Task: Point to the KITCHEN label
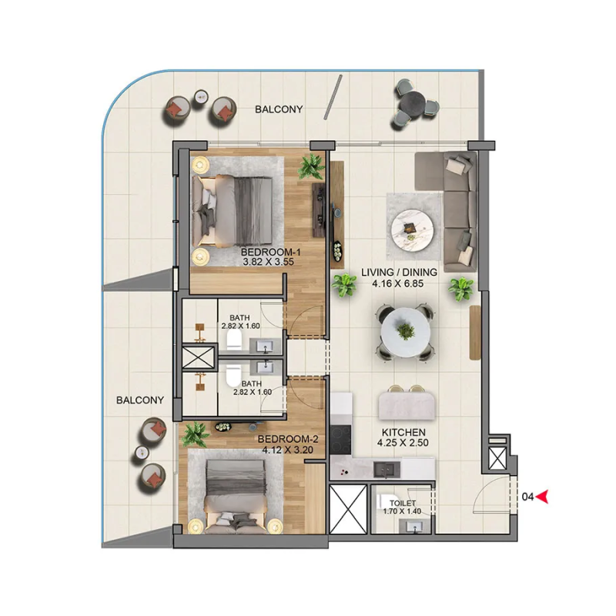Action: click(398, 433)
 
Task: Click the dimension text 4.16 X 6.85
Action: click(399, 283)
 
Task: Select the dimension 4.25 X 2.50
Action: click(399, 444)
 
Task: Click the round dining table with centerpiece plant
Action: click(405, 331)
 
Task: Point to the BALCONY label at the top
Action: click(279, 110)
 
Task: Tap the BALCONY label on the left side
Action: click(140, 400)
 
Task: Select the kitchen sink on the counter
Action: click(383, 467)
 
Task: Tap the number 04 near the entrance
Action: click(527, 497)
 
